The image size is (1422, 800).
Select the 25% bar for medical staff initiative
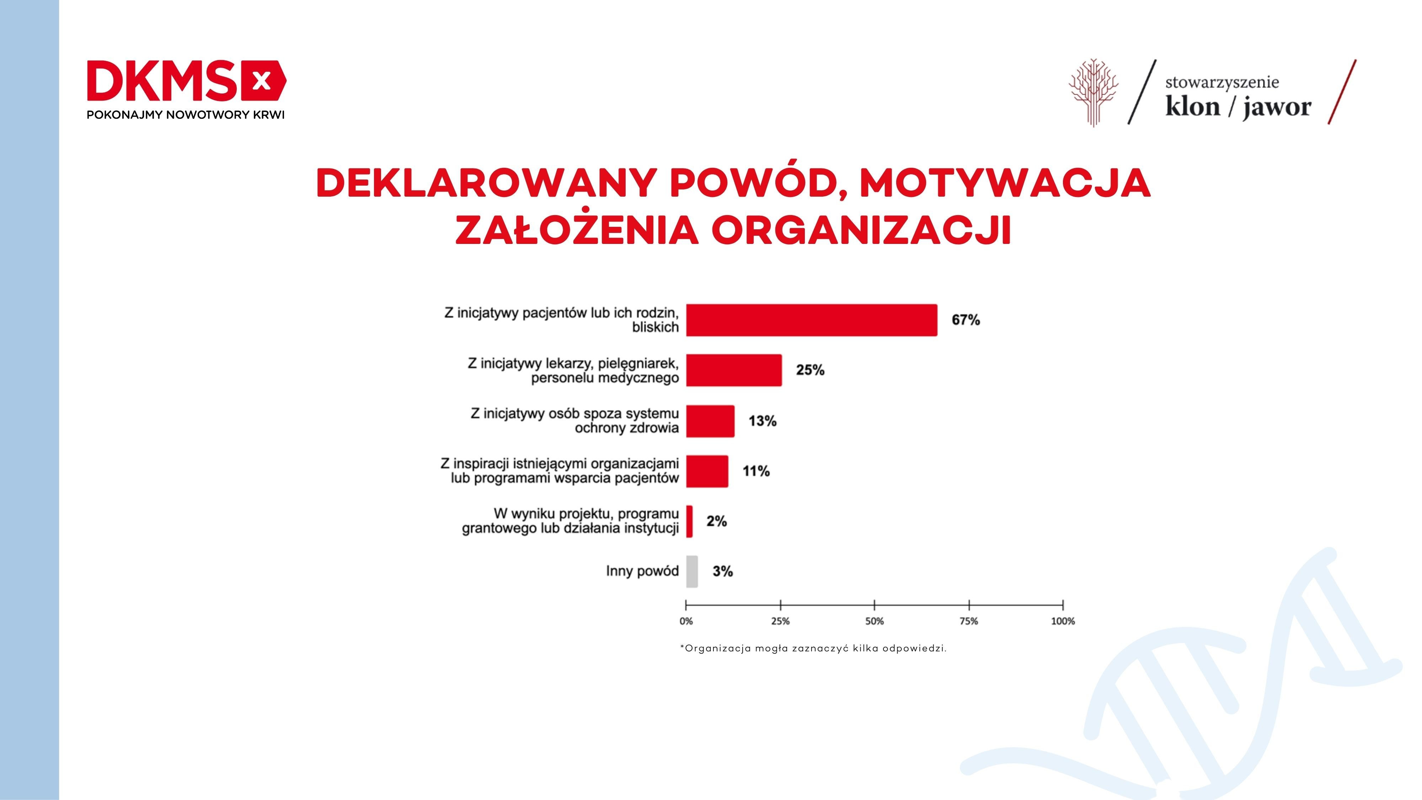point(734,370)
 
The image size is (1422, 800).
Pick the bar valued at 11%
point(707,471)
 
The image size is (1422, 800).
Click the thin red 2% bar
point(689,521)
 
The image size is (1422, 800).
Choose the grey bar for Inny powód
point(692,571)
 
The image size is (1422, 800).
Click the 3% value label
point(723,571)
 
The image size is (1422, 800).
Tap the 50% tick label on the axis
point(875,621)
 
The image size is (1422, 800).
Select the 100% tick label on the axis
point(1063,621)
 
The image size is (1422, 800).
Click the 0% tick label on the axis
point(686,621)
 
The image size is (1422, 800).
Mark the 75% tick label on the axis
point(969,621)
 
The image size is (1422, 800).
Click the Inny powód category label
point(642,571)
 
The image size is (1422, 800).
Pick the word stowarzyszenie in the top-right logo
point(1222,83)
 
